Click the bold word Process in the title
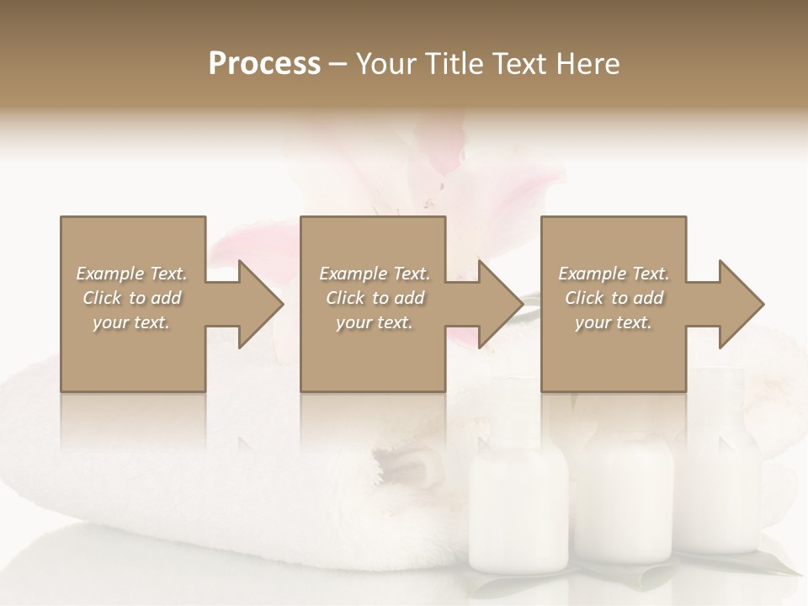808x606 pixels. (264, 64)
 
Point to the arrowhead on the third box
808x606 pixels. (736, 304)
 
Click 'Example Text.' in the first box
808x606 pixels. (131, 274)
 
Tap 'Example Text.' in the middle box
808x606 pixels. (375, 274)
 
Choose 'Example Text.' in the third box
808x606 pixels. (614, 274)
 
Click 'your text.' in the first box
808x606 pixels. (131, 322)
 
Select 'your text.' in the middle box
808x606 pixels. (375, 322)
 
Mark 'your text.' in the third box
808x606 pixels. (614, 322)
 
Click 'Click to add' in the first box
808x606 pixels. (131, 298)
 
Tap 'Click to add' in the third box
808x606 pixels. (614, 298)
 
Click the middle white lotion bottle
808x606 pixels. (629, 497)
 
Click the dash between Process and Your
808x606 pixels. (338, 64)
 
